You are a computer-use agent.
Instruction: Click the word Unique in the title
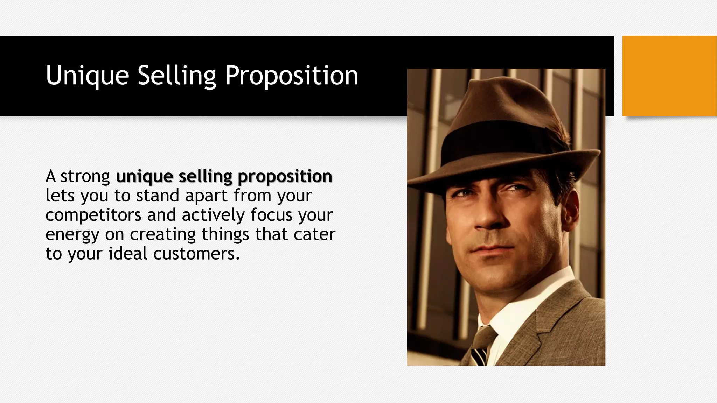87,75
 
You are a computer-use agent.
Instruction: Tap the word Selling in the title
177,75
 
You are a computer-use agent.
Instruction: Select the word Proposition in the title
291,75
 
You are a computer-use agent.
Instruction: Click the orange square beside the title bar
669,76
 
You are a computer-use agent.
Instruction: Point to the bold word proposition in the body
285,177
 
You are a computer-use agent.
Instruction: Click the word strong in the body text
85,176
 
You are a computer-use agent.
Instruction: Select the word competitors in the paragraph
93,215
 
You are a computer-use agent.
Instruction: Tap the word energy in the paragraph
72,234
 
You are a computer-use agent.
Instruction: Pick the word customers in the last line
196,253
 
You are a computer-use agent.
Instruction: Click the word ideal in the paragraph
128,253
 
